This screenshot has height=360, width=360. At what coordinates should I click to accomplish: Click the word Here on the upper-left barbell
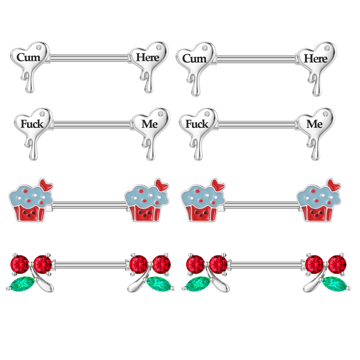(148, 57)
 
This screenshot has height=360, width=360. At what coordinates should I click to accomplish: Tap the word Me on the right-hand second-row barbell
(314, 124)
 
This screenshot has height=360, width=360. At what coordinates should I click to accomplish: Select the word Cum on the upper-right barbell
(194, 59)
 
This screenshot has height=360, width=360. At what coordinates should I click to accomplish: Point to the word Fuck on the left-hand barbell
(32, 124)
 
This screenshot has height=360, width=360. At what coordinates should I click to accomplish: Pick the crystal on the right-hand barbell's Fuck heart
(207, 114)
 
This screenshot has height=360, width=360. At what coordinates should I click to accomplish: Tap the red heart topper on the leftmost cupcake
(46, 185)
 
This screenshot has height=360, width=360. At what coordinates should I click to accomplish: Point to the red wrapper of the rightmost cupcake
(316, 213)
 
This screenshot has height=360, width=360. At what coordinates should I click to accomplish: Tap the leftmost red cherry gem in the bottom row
(19, 264)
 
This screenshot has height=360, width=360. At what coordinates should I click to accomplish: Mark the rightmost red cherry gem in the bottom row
(337, 264)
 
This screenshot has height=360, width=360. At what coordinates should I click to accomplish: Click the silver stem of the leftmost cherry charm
(42, 282)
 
